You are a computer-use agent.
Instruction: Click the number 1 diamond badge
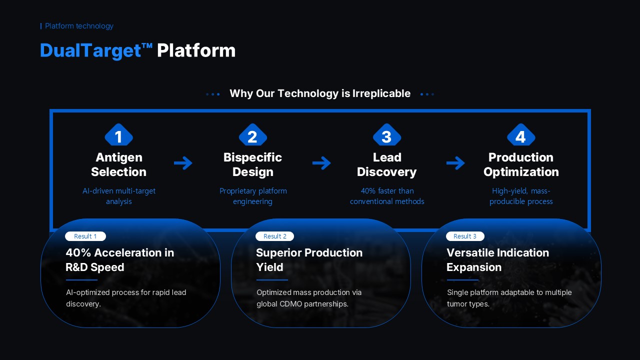(119, 134)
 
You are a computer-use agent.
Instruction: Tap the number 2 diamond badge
(253, 134)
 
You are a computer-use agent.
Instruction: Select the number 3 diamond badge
(387, 134)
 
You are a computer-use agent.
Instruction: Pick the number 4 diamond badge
(521, 134)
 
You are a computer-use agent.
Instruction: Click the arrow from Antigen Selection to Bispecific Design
(183, 163)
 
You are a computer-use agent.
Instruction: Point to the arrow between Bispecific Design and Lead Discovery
(321, 163)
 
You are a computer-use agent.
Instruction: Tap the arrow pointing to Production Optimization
(455, 163)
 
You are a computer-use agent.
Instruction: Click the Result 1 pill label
(85, 236)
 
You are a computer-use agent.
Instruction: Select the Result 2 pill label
(274, 236)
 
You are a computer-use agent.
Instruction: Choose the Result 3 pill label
(465, 236)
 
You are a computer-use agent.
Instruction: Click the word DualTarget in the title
(90, 50)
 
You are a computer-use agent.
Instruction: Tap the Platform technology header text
(79, 26)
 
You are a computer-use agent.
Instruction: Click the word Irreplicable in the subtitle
(381, 93)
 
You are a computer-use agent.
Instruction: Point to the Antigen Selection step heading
(119, 164)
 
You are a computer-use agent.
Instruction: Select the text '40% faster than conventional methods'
(387, 196)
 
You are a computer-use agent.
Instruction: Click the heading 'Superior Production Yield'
(309, 260)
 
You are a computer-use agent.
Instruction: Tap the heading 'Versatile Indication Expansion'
(497, 260)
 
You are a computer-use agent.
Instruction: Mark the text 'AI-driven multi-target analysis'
(119, 196)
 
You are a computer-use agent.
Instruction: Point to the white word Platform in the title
(196, 50)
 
